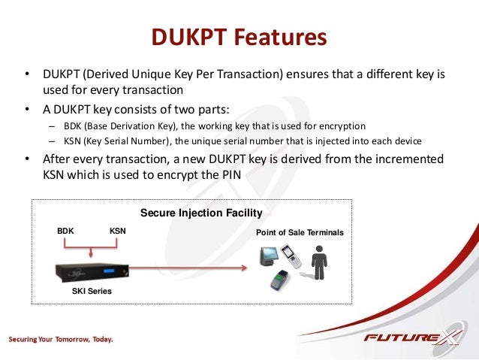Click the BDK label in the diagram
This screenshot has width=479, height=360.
point(67,231)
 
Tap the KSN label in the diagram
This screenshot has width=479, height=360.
point(118,231)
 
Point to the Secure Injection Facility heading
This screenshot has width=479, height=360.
point(201,213)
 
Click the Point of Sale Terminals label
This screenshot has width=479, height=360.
point(300,233)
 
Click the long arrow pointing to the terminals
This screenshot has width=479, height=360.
point(188,268)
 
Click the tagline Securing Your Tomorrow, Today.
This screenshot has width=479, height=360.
point(62,339)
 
